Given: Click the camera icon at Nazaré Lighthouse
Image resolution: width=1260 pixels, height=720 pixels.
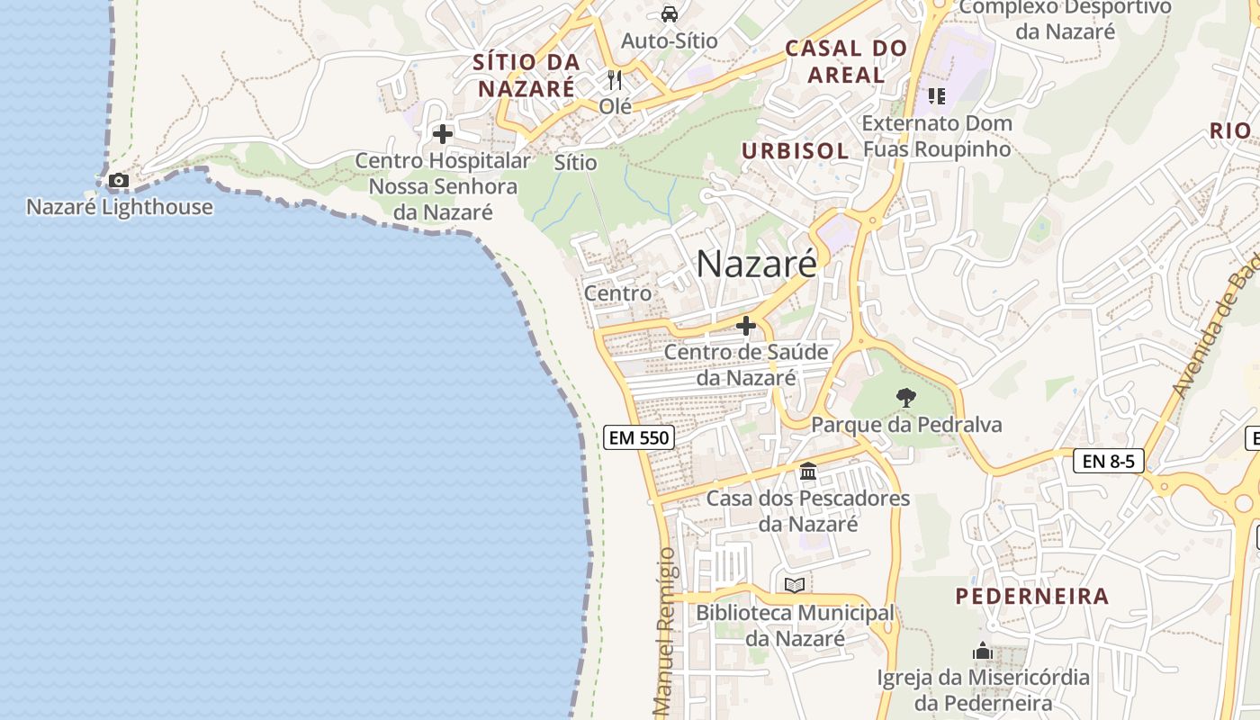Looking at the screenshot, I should (x=118, y=181).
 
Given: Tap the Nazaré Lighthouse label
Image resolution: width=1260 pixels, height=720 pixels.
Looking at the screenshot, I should (x=120, y=207).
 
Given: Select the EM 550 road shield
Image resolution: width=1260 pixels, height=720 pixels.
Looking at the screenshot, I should (x=638, y=438).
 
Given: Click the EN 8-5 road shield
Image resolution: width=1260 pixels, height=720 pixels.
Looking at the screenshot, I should (x=1108, y=462).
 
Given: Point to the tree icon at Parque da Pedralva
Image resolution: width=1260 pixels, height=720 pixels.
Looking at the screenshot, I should (x=906, y=397).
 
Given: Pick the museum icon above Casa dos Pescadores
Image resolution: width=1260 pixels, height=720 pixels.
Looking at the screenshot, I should (x=807, y=472).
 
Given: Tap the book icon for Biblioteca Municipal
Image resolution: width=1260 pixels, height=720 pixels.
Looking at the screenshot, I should (x=794, y=586).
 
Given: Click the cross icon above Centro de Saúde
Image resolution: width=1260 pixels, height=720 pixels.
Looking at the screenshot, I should (x=745, y=326).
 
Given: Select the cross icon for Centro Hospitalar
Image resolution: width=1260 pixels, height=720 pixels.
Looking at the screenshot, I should (x=442, y=135).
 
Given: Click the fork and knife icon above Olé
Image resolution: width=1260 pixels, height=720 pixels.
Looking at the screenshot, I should (x=615, y=80).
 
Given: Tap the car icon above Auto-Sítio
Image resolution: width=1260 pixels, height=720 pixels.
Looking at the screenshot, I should (x=670, y=13).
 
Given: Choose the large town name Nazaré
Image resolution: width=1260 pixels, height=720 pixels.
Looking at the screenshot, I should (x=756, y=264).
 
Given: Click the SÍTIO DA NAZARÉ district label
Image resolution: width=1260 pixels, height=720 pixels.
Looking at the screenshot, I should (x=526, y=76).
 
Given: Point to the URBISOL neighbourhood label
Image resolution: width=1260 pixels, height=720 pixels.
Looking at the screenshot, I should (x=795, y=151).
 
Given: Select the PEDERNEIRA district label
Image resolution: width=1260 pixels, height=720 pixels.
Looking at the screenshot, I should (x=1031, y=597).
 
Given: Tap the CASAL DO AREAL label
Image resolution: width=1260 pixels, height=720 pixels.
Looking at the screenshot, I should (x=845, y=61).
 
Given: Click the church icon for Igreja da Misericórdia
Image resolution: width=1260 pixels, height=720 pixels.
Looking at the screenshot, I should (x=982, y=651).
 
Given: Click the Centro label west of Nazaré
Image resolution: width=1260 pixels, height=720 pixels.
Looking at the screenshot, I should (x=617, y=293).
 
